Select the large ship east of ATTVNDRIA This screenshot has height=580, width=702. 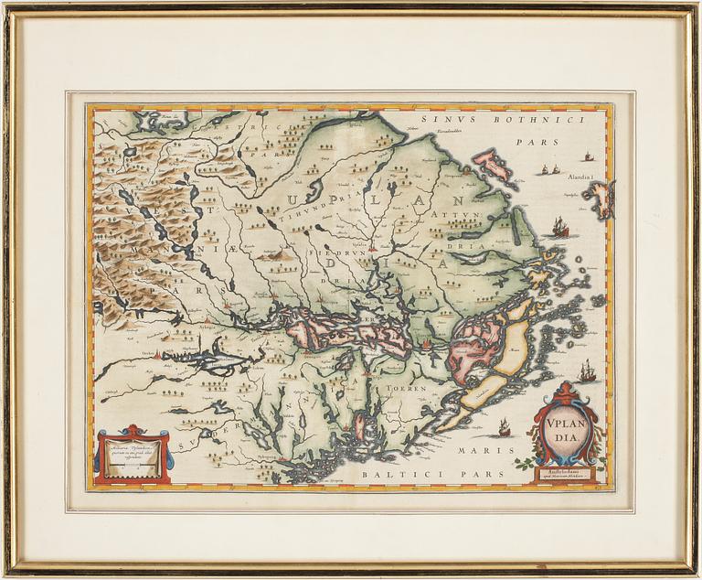[559, 227]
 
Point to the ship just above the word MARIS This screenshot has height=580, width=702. [503, 426]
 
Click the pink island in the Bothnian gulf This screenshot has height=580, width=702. [492, 164]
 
